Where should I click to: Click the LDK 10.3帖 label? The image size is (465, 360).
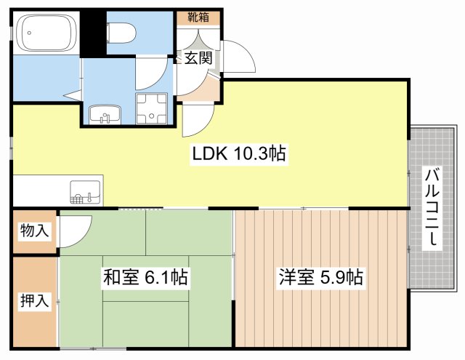(x=238, y=153)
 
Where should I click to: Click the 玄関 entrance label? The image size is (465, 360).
(x=197, y=59)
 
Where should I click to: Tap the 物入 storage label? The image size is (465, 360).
(x=35, y=231)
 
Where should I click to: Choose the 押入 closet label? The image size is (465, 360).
(x=35, y=300)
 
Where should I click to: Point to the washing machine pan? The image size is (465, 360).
(x=152, y=110)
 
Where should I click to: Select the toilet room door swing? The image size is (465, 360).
(x=154, y=73)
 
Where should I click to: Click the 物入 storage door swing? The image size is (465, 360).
(x=73, y=231)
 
